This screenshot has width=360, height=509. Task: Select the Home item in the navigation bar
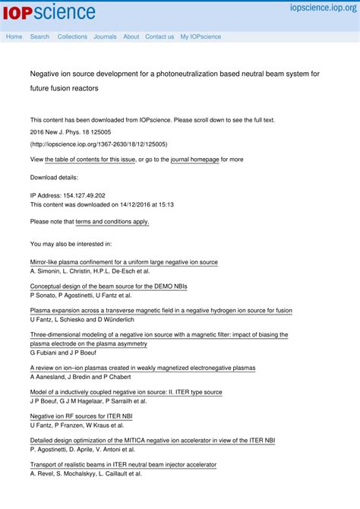pos(14,36)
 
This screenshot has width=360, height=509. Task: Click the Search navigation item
pos(39,36)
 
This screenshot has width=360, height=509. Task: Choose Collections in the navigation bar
pos(72,36)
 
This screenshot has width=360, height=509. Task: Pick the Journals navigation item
pos(105,36)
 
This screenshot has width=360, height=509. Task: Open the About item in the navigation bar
pos(131,36)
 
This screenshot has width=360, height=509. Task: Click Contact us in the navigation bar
pos(159,36)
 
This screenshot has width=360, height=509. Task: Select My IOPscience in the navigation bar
pos(201,36)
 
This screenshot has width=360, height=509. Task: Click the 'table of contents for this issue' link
pos(90,160)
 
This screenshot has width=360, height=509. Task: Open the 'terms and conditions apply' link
pos(112,222)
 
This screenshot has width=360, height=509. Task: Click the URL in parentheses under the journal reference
pos(99,144)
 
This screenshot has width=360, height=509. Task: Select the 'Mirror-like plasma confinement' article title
pos(124,262)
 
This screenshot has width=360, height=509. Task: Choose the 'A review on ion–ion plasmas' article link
pos(143,368)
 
